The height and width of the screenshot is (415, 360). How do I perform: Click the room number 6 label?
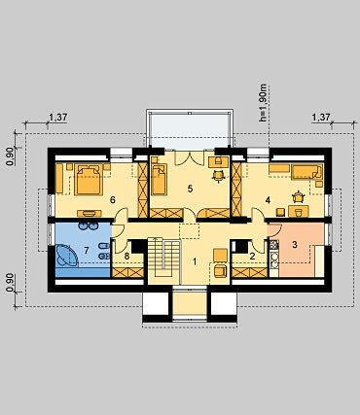point(113,200)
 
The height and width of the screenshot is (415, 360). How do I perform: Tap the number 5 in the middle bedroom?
point(190,189)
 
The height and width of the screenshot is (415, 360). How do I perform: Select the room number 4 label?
point(268,200)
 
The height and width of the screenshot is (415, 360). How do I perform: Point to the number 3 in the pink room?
point(295,244)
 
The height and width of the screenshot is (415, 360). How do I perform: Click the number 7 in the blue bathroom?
point(87,250)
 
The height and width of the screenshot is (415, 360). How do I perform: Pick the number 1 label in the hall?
point(195,261)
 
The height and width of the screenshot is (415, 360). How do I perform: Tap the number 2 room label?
point(252,256)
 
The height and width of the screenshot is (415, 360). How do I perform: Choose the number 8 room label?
point(126,256)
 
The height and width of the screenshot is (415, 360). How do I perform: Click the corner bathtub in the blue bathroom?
point(66,256)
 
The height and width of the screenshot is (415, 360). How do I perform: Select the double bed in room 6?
point(89,180)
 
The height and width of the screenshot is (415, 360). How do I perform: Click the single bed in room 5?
point(159,179)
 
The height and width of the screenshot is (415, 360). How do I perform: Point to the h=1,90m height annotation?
point(263,103)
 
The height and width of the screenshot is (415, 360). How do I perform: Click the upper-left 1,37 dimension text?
point(58,117)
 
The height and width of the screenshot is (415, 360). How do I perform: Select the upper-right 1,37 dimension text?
point(321,117)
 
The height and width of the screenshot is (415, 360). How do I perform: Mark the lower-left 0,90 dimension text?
point(11,283)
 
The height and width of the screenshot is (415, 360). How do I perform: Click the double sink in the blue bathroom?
point(88,225)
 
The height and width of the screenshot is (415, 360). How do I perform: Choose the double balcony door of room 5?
point(190,157)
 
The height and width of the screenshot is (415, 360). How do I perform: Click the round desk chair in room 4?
point(298,197)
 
